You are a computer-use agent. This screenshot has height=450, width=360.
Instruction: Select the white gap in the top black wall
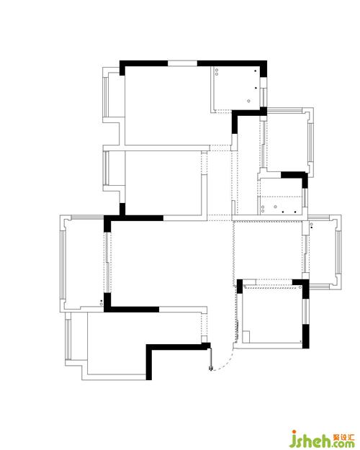182,63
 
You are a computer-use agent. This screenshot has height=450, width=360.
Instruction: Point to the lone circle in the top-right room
248,101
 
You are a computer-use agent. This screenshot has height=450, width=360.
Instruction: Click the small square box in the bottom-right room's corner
246,336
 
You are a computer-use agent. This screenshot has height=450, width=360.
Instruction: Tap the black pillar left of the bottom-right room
240,287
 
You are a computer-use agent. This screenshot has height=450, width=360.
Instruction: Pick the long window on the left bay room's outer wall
63,265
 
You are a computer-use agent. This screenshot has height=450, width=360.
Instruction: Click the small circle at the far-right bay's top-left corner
311,224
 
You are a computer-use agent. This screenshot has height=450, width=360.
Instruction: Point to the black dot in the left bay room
101,301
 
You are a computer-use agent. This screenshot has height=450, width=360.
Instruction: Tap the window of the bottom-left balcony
68,339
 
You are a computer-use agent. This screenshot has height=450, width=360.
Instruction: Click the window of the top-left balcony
106,97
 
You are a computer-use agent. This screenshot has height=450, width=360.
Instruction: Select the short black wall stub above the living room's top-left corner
122,210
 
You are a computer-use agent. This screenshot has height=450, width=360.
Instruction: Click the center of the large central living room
171,264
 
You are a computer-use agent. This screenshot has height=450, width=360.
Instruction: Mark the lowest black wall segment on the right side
306,336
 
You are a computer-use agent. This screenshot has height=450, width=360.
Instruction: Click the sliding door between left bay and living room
107,262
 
